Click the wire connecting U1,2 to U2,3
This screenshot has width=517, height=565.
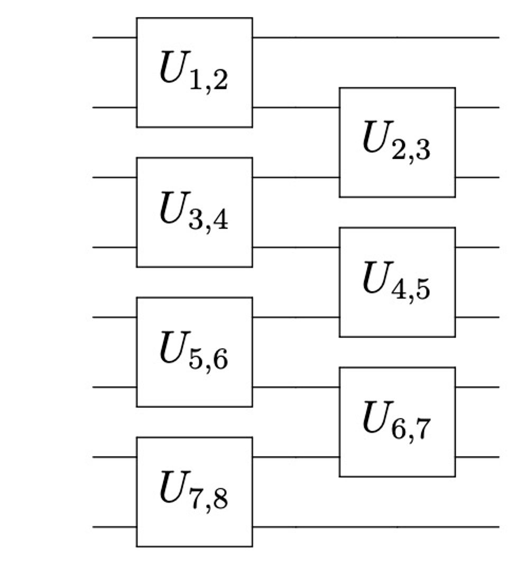click(296, 107)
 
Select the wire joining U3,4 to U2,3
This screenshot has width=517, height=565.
click(296, 177)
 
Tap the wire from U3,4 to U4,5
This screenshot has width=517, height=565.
click(296, 247)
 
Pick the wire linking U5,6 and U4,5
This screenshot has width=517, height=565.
click(296, 317)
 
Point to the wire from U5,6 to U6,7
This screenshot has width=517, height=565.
click(296, 387)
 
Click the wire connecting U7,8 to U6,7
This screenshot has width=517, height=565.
click(296, 457)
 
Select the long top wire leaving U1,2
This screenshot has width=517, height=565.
click(375, 38)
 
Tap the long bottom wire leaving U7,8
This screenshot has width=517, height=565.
click(375, 527)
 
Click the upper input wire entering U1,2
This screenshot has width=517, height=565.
click(114, 38)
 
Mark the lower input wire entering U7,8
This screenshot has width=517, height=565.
click(114, 527)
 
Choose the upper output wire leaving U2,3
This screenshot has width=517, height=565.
click(477, 107)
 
